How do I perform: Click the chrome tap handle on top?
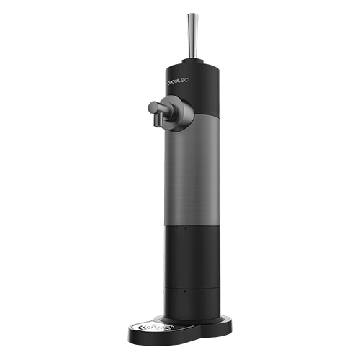click(x=192, y=37)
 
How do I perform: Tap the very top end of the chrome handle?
click(x=192, y=14)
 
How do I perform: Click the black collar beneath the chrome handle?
click(x=193, y=62)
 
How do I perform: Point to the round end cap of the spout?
click(x=153, y=108)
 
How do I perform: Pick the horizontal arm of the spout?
click(x=163, y=109)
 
